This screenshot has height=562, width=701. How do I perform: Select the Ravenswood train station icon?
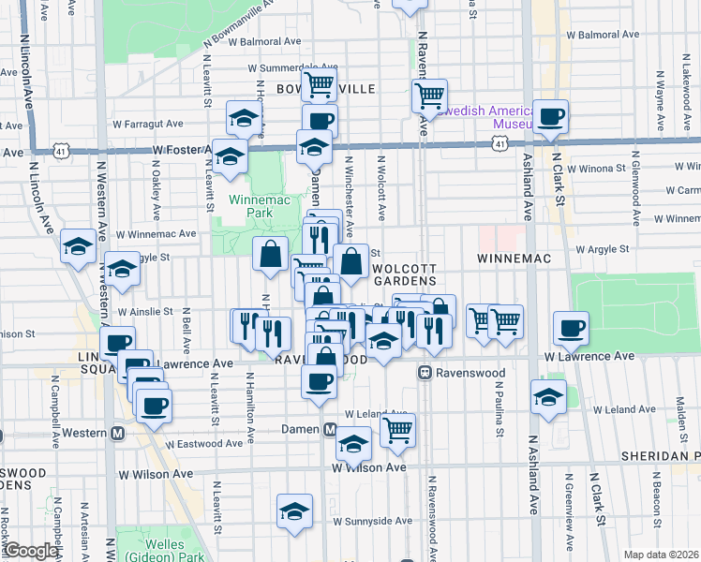click(x=425, y=373)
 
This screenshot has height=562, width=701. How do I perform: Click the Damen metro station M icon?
click(x=330, y=429)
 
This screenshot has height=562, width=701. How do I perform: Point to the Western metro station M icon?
click(x=118, y=433)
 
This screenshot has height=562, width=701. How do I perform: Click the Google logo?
click(x=30, y=551)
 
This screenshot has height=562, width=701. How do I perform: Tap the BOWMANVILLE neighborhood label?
click(x=325, y=88)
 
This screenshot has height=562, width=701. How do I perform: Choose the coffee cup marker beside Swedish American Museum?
click(x=551, y=117)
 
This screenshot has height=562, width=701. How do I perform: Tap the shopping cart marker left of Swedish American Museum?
click(x=429, y=95)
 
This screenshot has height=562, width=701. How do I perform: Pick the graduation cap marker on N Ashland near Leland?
click(x=548, y=395)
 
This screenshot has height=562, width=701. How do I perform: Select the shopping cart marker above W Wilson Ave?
click(x=398, y=430)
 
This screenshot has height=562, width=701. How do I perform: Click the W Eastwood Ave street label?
click(x=205, y=444)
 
